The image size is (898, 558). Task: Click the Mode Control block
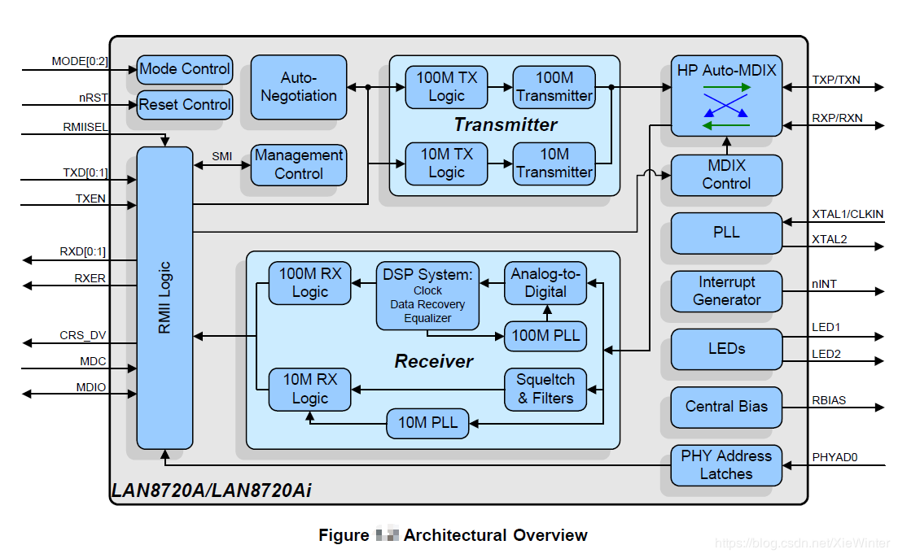(x=185, y=69)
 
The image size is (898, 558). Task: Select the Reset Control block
(x=185, y=105)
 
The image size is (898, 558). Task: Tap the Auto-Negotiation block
(x=298, y=86)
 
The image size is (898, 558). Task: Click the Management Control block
(x=299, y=164)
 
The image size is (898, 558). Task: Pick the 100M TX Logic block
(x=446, y=86)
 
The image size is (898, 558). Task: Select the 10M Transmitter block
(x=554, y=163)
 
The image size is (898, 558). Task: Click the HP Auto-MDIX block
(x=726, y=95)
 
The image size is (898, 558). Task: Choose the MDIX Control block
(x=726, y=174)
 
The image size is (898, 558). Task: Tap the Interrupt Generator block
(x=726, y=291)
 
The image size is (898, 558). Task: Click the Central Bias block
(x=726, y=407)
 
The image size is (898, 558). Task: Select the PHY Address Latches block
(x=726, y=465)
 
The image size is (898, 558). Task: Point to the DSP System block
(x=427, y=295)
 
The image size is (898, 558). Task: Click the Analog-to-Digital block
(x=545, y=283)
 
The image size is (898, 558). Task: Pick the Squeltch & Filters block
(x=545, y=389)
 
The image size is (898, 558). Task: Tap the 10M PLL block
(x=427, y=423)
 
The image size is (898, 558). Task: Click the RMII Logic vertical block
(x=164, y=298)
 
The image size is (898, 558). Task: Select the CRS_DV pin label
(x=82, y=335)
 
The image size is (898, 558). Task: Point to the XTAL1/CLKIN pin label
(x=848, y=213)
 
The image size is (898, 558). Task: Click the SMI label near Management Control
(x=221, y=155)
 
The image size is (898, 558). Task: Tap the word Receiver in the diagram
(x=434, y=361)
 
